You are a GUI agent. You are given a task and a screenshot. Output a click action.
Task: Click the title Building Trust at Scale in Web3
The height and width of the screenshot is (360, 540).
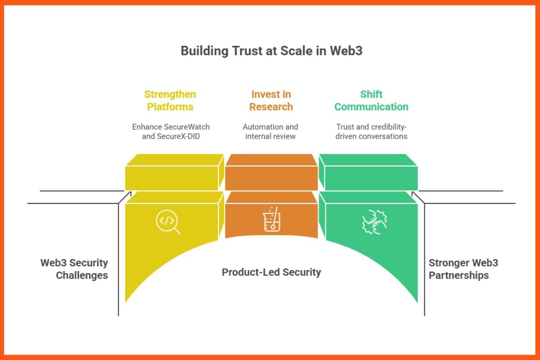271,51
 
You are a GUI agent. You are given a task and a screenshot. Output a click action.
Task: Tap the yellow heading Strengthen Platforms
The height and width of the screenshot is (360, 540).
170,100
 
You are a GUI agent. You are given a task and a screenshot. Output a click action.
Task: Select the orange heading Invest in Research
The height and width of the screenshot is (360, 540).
271,100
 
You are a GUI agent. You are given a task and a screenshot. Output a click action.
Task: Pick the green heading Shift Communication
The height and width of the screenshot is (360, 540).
371,100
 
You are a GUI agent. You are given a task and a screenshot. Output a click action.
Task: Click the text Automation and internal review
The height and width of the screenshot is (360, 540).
270,131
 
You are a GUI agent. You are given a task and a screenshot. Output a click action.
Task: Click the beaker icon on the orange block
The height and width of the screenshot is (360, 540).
271,220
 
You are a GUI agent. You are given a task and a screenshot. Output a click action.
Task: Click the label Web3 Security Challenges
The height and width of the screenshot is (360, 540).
74,269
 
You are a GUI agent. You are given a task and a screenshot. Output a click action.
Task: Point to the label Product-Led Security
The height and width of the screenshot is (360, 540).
271,272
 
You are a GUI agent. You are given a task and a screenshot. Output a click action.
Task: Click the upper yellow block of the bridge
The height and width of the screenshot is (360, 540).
174,173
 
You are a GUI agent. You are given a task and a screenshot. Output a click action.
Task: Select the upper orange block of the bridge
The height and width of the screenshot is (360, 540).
271,173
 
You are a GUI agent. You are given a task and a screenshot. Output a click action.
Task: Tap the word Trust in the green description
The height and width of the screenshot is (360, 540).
345,127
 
